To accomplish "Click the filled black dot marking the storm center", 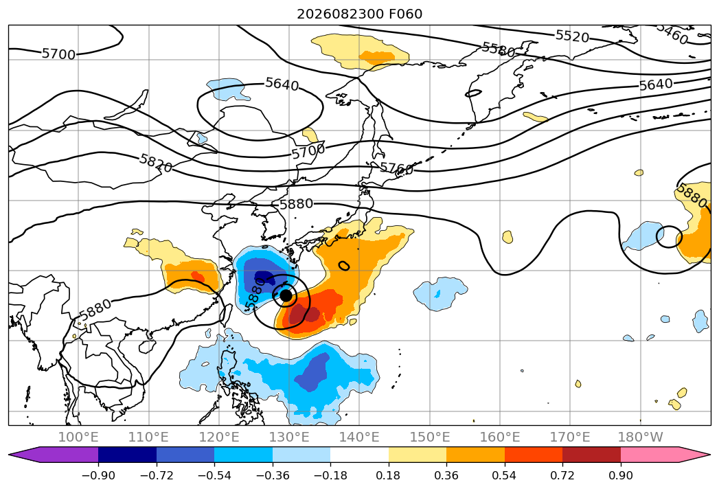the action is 286,295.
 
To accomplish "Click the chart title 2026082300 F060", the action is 360,14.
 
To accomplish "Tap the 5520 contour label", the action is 572,36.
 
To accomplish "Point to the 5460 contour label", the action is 672,33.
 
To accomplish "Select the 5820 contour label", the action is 156,163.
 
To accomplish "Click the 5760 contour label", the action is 397,168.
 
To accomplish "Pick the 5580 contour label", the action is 499,49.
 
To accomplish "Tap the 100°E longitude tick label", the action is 78,437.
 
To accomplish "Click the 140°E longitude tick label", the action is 359,437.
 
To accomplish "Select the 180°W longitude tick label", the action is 641,437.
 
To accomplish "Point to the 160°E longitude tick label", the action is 500,437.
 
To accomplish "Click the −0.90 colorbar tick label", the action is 98,475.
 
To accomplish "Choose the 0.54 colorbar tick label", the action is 505,475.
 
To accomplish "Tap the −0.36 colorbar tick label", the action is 273,475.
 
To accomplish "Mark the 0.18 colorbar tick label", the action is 389,475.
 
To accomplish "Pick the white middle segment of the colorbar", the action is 360,454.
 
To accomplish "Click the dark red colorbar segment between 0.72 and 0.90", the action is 591,454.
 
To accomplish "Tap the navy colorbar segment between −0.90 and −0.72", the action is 128,454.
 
